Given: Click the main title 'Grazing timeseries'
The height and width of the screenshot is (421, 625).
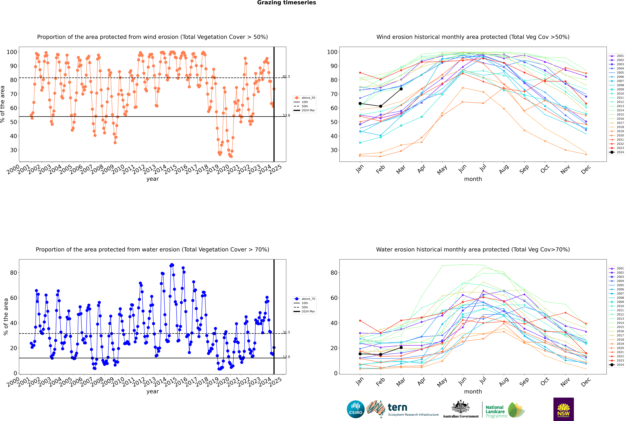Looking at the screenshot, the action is (x=286, y=3).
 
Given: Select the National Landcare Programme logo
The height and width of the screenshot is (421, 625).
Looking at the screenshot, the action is (x=505, y=410).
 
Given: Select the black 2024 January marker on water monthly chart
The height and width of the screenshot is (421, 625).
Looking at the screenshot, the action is (x=360, y=354).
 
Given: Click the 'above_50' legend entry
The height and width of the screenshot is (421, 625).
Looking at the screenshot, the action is (x=304, y=98).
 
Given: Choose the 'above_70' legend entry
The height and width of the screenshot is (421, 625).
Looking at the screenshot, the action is (x=304, y=299).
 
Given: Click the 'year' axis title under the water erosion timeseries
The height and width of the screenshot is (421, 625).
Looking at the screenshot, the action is (x=153, y=391).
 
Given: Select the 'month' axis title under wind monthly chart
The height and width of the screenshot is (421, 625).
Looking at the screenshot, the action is (x=473, y=179).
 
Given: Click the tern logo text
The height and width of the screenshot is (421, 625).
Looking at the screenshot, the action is (x=397, y=408).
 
